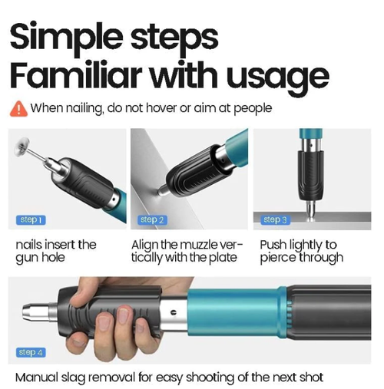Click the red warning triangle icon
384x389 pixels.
point(18,109)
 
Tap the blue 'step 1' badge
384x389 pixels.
point(31,220)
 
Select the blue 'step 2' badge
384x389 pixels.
point(152,220)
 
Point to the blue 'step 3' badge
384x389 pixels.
point(275,220)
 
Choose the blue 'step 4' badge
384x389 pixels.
point(31,352)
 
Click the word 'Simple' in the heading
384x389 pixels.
point(66,38)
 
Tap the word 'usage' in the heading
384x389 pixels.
point(278,77)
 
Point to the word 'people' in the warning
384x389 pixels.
point(253,109)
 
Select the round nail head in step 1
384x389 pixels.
point(23,147)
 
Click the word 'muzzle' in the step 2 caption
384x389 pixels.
point(196,245)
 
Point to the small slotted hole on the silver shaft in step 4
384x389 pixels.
point(174,312)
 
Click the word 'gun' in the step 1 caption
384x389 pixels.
point(27,259)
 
